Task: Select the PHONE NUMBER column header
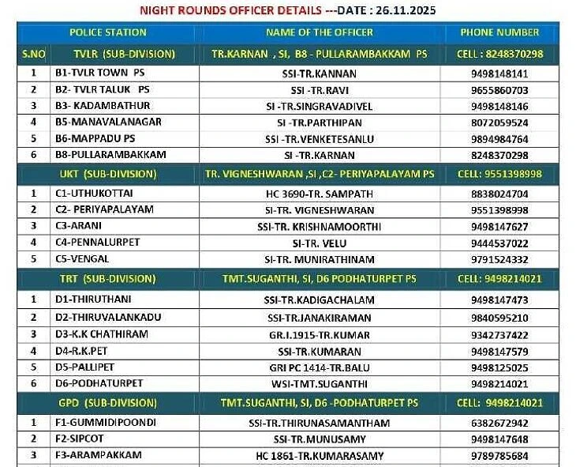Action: tap(499, 32)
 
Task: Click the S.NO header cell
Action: tap(33, 54)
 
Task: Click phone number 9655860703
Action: tap(499, 90)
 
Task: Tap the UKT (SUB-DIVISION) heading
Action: tap(108, 174)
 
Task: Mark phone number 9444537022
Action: tap(499, 243)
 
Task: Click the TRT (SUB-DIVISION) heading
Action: tap(107, 279)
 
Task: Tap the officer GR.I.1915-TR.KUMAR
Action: tap(320, 334)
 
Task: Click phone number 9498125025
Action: tap(499, 367)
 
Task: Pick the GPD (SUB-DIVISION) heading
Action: tap(107, 403)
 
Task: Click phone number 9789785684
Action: tap(499, 456)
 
